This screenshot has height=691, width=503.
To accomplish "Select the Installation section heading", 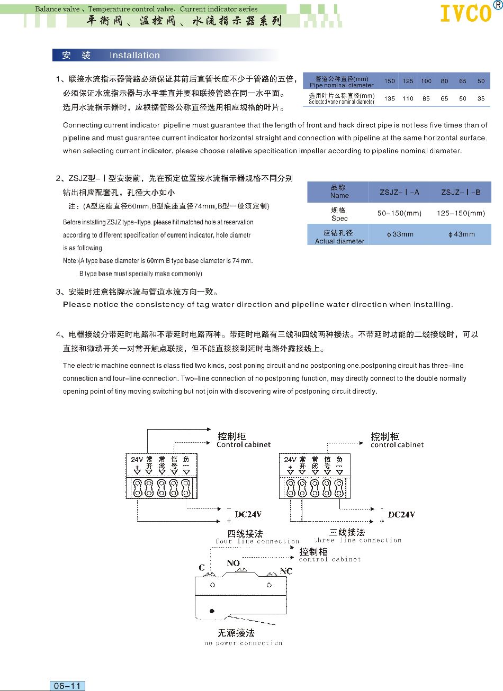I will coord(134,56).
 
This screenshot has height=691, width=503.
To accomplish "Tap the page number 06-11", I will coord(67,686).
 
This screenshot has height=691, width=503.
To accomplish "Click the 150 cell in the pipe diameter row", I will coord(390,81).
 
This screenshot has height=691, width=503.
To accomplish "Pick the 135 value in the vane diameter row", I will coord(390,98).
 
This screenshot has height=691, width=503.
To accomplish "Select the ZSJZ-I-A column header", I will coord(399,192).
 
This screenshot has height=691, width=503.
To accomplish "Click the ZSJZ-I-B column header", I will coord(461,192).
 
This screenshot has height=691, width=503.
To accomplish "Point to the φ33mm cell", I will coord(400,234).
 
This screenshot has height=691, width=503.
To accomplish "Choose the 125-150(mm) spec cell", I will coord(461,213).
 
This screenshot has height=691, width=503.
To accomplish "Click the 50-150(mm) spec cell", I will coord(399,213).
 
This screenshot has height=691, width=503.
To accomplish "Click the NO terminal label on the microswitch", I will coord(233,563).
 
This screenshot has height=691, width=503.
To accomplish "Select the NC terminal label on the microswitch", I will coord(286,571).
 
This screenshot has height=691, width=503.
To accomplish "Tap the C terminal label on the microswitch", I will coord(202,568).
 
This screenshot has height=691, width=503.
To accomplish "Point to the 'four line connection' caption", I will coord(257,541).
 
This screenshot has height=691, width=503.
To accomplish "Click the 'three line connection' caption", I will coord(358,540).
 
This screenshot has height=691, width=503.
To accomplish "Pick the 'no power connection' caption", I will coord(243,643).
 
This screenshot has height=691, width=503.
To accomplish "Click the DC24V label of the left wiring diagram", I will coord(248,514).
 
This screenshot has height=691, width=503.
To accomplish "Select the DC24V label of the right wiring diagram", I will coord(401,514).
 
